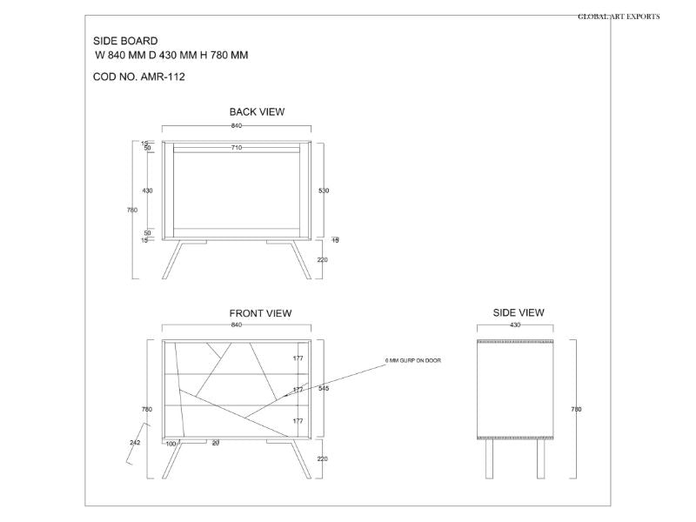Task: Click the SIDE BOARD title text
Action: (125, 41)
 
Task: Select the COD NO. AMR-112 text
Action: (138, 77)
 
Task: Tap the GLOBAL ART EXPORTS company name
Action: (619, 17)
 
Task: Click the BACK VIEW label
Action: (257, 112)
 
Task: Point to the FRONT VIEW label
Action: (260, 313)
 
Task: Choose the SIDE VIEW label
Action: (519, 312)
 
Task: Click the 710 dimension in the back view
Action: (237, 148)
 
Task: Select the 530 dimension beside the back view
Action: (324, 190)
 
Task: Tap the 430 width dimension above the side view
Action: (515, 325)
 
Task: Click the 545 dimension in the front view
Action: (324, 389)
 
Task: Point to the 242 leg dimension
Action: (135, 443)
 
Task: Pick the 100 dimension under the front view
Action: (171, 445)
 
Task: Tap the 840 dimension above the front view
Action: (237, 325)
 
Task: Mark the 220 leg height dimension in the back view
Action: (324, 259)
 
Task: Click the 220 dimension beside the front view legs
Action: (324, 458)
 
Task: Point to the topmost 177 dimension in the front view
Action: (298, 358)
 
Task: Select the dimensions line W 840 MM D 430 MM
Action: (171, 55)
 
